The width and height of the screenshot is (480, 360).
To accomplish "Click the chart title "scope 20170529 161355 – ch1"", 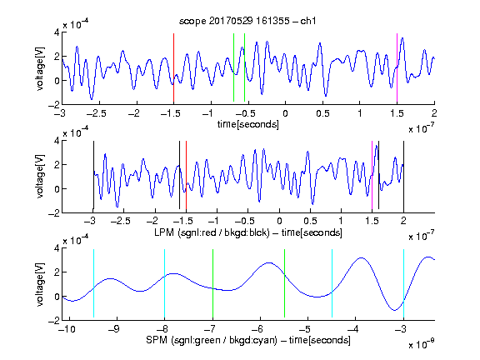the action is (x=247, y=21).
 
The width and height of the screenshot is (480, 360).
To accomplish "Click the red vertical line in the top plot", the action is (x=173, y=67).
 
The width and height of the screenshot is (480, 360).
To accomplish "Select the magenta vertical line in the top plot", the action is (x=397, y=67).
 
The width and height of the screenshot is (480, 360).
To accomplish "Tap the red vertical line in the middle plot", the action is (x=186, y=175).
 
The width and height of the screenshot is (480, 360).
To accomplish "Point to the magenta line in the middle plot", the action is (x=372, y=175).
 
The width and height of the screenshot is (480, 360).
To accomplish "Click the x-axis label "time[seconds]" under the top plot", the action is (x=248, y=124).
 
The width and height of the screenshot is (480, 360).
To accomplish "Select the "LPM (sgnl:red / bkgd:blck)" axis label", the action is (x=212, y=232).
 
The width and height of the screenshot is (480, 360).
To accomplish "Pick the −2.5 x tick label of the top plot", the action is (x=96, y=113).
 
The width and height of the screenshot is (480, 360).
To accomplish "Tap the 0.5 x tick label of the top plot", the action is (x=322, y=113).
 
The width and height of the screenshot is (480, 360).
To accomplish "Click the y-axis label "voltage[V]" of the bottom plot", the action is (x=40, y=284).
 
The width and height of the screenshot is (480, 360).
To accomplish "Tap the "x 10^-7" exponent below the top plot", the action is (x=422, y=128).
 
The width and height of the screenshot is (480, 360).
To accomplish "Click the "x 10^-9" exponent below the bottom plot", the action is (x=422, y=344).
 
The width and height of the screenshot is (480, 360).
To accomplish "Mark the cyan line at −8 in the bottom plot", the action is (x=165, y=283).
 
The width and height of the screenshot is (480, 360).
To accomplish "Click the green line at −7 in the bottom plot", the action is (x=212, y=283).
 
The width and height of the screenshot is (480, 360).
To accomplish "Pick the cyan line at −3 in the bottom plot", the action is (x=403, y=283).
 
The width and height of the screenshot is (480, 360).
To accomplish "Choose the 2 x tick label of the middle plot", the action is (x=403, y=221).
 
